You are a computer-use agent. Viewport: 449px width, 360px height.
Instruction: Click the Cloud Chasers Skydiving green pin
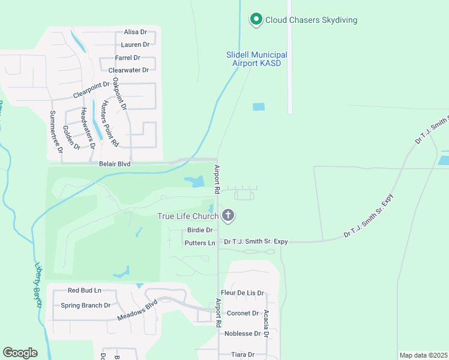click(x=256, y=20)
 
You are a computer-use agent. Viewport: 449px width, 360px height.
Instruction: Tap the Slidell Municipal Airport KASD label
click(x=256, y=59)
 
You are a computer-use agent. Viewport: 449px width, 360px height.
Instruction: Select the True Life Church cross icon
click(x=228, y=216)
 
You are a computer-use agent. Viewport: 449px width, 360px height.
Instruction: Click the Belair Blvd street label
click(x=114, y=163)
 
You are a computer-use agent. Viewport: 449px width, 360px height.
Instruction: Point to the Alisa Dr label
click(x=135, y=32)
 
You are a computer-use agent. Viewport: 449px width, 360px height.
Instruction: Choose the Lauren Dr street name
click(x=134, y=44)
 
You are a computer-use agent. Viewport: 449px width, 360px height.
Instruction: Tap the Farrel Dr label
click(x=127, y=58)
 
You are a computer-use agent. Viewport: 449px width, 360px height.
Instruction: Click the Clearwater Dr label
click(x=128, y=70)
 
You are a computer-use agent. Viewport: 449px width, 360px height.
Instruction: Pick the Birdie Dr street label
click(x=200, y=230)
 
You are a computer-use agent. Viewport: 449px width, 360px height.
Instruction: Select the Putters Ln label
click(x=200, y=243)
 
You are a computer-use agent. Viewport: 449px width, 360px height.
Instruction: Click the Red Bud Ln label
click(x=85, y=290)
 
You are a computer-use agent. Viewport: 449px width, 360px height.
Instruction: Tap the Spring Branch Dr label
click(x=86, y=305)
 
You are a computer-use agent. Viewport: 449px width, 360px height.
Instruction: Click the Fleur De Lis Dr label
click(x=243, y=293)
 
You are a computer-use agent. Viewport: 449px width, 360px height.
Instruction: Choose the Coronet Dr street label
click(x=243, y=313)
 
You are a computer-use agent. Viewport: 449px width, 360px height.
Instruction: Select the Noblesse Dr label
click(x=243, y=334)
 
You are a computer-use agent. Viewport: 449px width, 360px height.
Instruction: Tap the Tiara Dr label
click(x=243, y=355)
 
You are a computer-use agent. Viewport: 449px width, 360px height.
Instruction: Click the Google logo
click(x=20, y=353)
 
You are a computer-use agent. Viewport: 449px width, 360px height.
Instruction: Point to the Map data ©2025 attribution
click(x=423, y=355)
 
